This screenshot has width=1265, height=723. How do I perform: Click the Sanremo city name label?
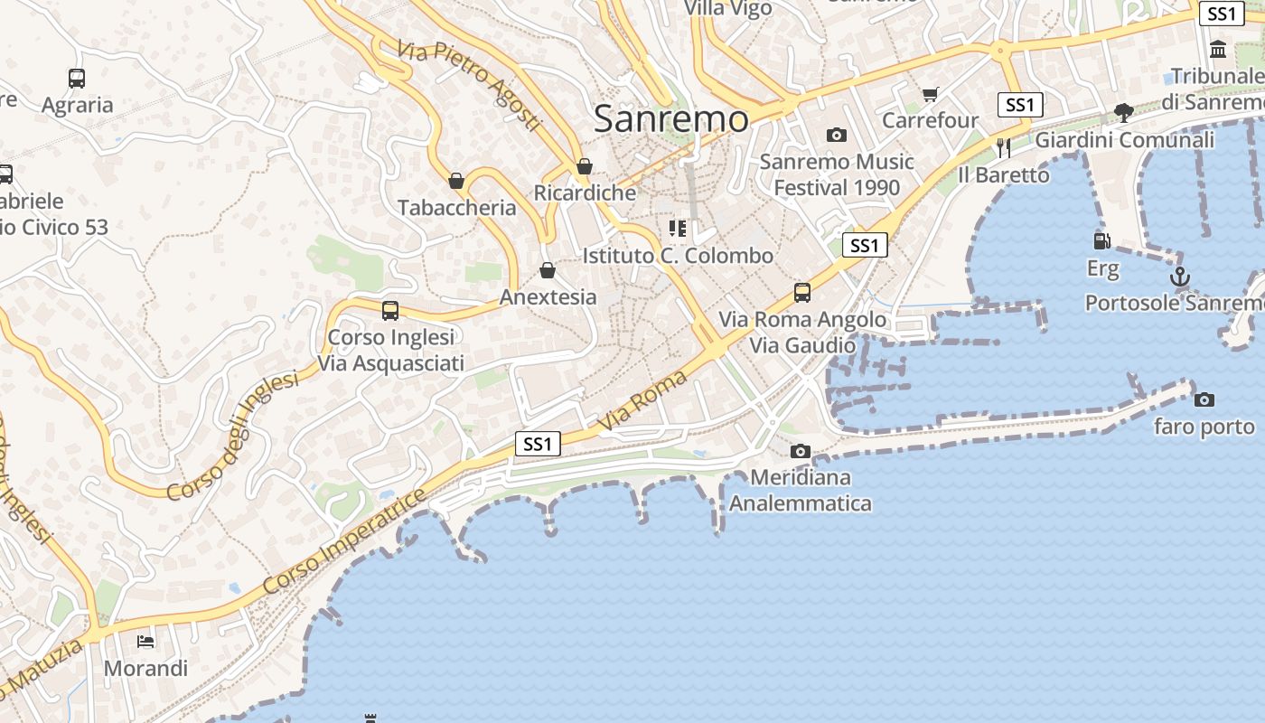(671, 118)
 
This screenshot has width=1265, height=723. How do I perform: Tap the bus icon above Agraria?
(77, 79)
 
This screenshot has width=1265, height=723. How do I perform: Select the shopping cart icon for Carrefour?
(931, 94)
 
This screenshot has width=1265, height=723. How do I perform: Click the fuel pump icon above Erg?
(1101, 241)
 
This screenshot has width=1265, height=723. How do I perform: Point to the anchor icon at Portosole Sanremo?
(1179, 276)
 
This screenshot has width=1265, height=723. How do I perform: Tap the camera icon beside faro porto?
(1204, 399)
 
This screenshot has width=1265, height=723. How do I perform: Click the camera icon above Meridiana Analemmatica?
(800, 451)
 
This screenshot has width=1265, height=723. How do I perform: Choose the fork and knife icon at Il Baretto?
(1003, 147)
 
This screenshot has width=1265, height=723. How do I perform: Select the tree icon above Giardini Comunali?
(1124, 113)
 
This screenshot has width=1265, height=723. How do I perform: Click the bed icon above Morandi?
(145, 642)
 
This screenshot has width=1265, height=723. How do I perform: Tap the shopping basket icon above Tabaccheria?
(456, 181)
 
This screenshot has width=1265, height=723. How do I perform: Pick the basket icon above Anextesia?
(548, 270)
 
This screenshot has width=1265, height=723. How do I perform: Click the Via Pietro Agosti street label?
(469, 86)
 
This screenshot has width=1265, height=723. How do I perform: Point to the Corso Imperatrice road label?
(344, 542)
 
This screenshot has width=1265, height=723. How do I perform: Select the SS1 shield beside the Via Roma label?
(538, 444)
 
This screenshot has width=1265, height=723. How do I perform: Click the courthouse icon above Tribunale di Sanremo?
(1217, 50)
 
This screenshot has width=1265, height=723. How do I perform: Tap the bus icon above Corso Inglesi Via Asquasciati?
(390, 311)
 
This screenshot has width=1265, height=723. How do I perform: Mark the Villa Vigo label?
(728, 9)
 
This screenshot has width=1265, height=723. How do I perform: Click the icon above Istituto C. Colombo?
(678, 228)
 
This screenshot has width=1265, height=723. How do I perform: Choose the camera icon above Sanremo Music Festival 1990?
(837, 136)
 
